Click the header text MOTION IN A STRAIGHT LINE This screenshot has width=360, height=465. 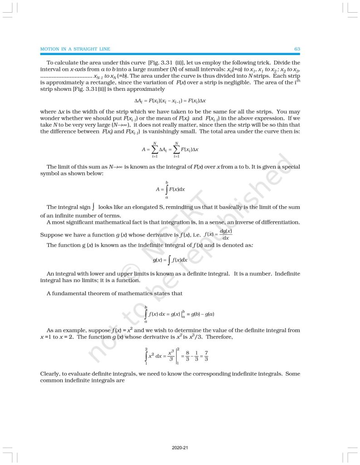tap(75, 49)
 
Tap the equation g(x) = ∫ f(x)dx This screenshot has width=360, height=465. tap(170, 260)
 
